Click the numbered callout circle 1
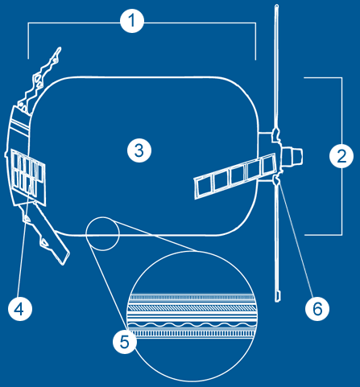pyautogui.click(x=132, y=21)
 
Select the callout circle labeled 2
pyautogui.click(x=341, y=156)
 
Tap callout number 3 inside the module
pyautogui.click(x=139, y=150)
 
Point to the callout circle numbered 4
pyautogui.click(x=20, y=309)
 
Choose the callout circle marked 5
pyautogui.click(x=125, y=341)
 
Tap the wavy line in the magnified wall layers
pyautogui.click(x=191, y=325)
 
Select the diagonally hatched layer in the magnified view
pyautogui.click(x=191, y=307)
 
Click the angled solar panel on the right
pyautogui.click(x=235, y=175)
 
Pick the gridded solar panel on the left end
pyautogui.click(x=28, y=178)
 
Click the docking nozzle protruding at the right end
pyautogui.click(x=292, y=156)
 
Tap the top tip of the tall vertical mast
pyautogui.click(x=277, y=6)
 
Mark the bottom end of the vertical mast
pyautogui.click(x=278, y=300)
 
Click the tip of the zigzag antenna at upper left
pyautogui.click(x=60, y=48)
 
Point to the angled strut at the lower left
pyautogui.click(x=52, y=234)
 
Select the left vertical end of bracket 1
pyautogui.click(x=28, y=41)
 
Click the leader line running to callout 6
pyautogui.click(x=296, y=240)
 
